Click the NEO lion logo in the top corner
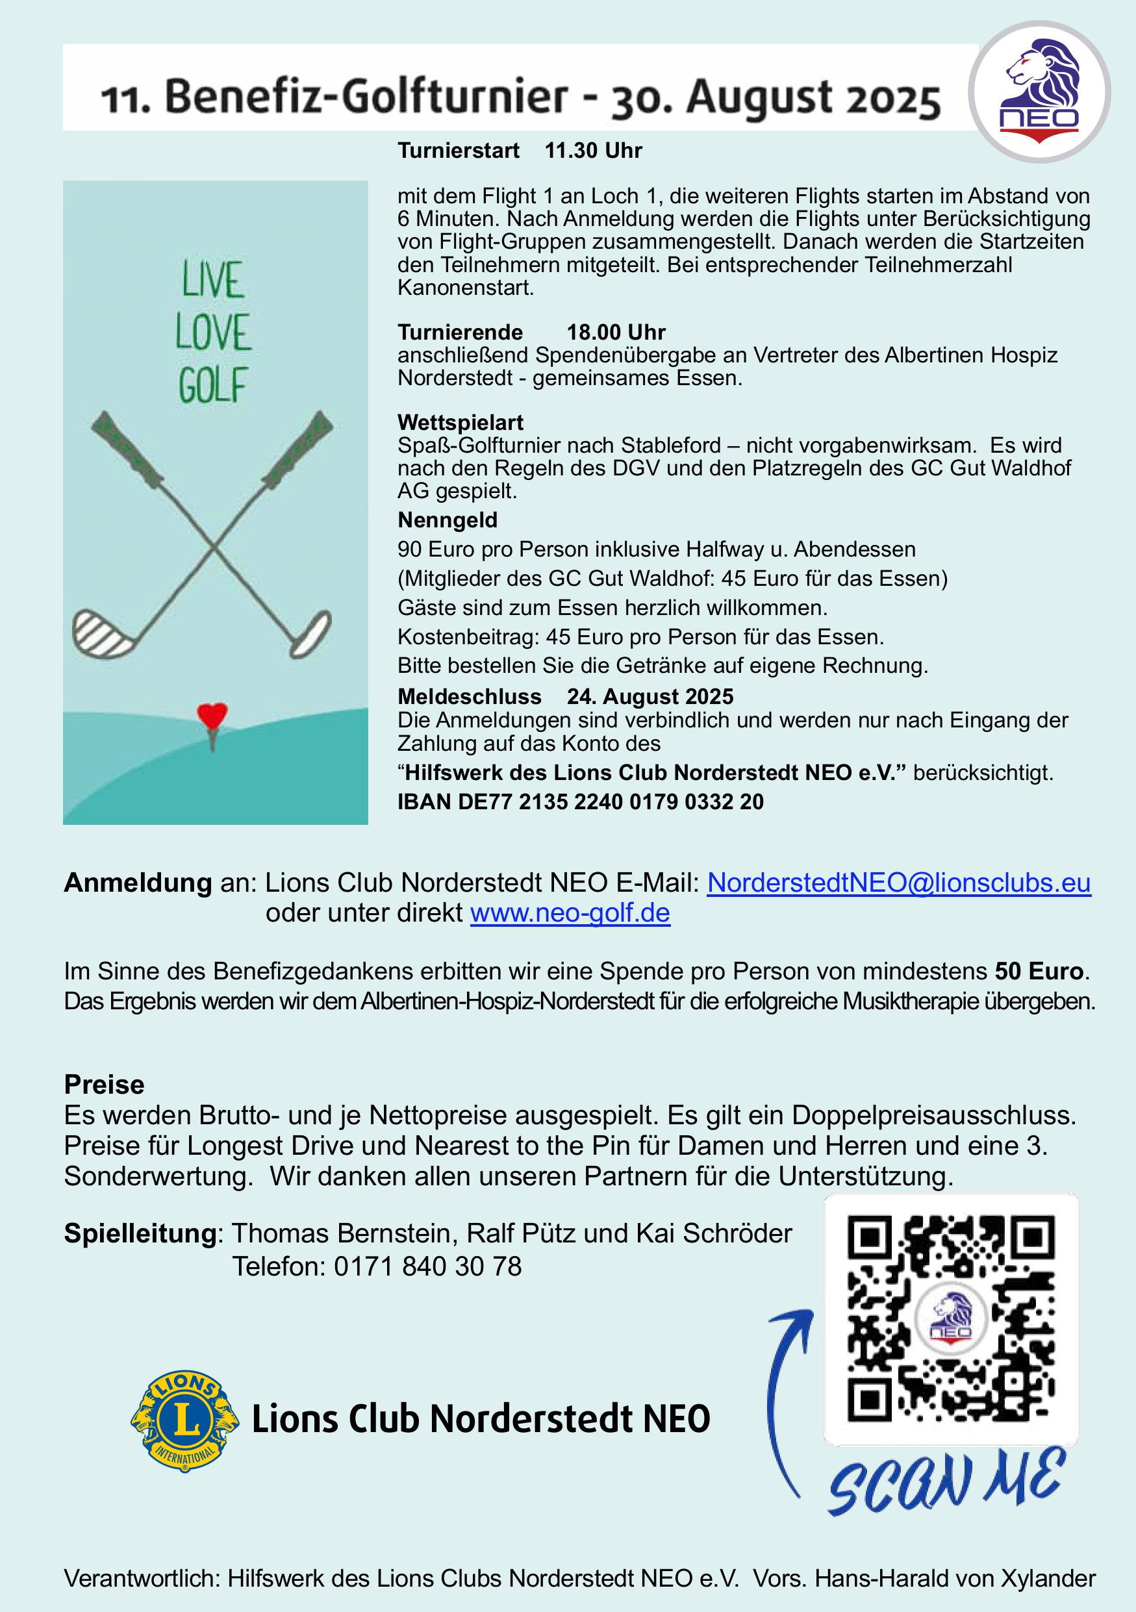click(1039, 92)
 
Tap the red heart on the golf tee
click(212, 716)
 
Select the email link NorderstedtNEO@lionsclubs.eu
click(898, 883)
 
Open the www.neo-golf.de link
click(570, 913)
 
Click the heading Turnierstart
click(458, 151)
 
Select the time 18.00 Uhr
click(616, 332)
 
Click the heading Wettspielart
click(460, 423)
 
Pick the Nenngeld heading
click(448, 520)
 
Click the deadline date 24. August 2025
click(650, 696)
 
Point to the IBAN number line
click(580, 802)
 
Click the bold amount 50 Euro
click(1040, 971)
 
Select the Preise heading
click(104, 1085)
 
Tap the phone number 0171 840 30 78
click(427, 1266)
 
